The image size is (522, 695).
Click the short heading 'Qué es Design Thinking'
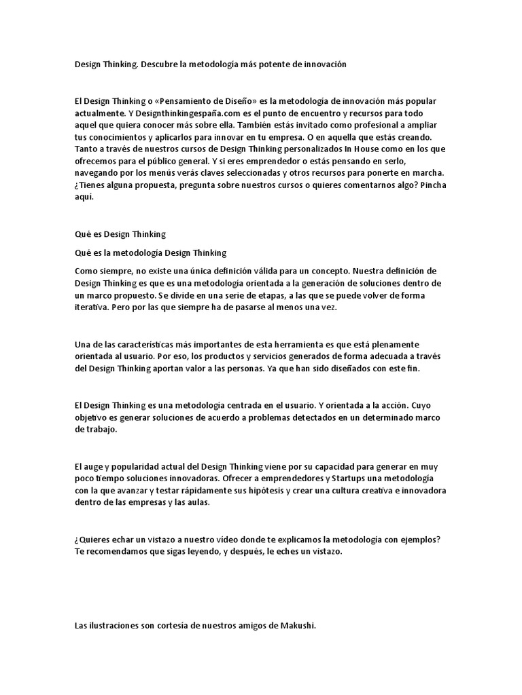[120, 234]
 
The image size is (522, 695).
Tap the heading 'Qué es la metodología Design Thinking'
[150, 253]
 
